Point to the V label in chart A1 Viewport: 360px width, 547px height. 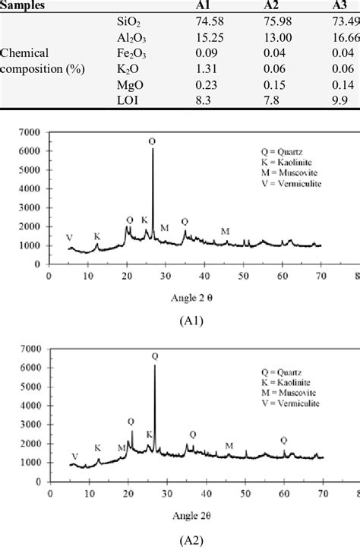coord(70,238)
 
